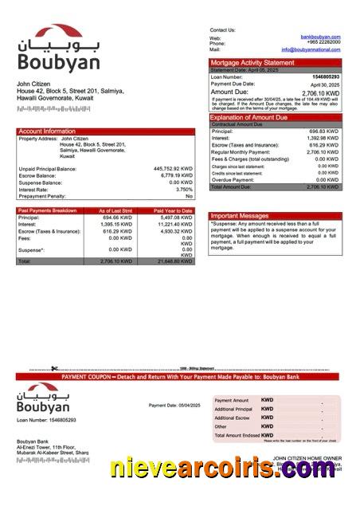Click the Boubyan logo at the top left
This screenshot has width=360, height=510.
click(47, 49)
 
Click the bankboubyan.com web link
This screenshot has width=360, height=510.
click(320, 37)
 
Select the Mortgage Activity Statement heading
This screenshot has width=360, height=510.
click(252, 62)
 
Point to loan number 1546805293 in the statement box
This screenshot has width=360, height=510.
click(325, 76)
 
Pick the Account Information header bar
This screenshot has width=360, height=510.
click(47, 131)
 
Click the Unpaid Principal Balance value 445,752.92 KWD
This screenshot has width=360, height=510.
click(173, 169)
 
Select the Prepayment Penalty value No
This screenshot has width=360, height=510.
click(189, 196)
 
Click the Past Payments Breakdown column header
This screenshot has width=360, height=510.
click(48, 210)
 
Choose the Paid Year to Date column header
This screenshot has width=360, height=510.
click(174, 210)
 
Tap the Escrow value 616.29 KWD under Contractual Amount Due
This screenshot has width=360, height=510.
click(323, 145)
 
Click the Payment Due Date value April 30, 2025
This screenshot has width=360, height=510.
click(324, 84)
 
